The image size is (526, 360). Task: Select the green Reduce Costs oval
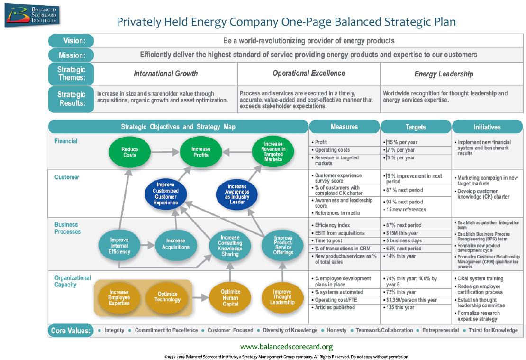129,152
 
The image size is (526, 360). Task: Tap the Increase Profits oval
200,152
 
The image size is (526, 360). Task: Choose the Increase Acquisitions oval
175,244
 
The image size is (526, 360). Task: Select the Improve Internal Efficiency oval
119,246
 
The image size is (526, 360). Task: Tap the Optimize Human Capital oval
231,297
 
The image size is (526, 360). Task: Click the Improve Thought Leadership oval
282,297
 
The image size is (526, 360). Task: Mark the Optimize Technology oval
167,297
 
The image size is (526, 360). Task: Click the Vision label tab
71,41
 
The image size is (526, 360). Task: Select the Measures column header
345,127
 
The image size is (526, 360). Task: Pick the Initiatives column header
488,127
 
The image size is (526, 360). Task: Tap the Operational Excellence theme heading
308,73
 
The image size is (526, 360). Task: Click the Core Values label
71,330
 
